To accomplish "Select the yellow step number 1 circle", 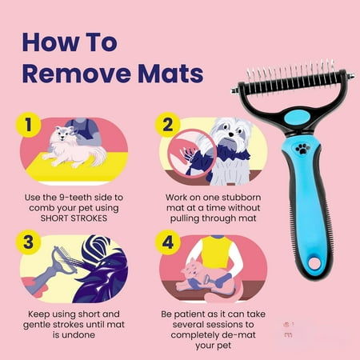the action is (28, 125).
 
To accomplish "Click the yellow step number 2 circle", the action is (167, 125).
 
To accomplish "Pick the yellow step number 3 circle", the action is (28, 242).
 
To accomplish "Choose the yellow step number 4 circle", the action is (167, 242).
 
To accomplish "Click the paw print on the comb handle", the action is (303, 149).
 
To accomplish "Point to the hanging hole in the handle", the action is (314, 263).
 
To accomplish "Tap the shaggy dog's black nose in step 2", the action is (231, 135).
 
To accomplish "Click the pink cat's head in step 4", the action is (191, 270).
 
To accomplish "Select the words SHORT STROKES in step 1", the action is (74, 218).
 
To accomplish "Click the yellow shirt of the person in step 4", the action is (217, 250).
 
